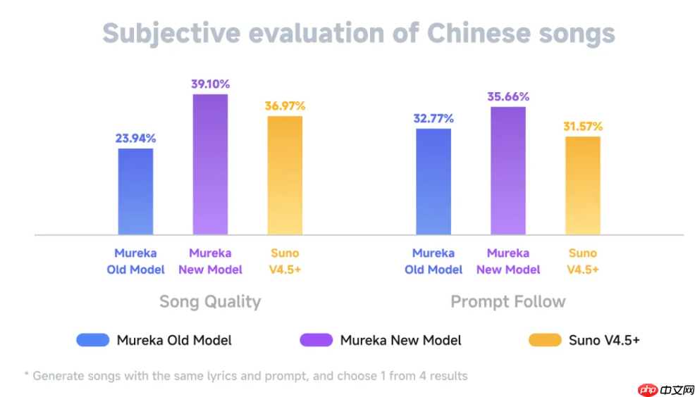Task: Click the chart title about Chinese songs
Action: [359, 33]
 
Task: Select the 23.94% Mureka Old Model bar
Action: [135, 191]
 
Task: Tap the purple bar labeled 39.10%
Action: [210, 164]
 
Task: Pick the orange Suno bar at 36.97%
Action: [285, 175]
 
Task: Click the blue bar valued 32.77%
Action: [433, 181]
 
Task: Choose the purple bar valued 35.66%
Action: [508, 170]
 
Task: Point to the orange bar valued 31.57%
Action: [583, 185]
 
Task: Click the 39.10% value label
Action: [210, 84]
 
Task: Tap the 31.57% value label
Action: [583, 127]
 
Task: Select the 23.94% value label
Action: [135, 139]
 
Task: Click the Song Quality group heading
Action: [210, 302]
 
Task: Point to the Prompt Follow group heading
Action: [508, 302]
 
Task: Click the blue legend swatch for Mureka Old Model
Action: [92, 340]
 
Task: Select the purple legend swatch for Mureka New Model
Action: [316, 340]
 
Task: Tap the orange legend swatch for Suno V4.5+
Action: [544, 340]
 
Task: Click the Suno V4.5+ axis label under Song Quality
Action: [285, 261]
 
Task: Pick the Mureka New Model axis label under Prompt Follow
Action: [508, 261]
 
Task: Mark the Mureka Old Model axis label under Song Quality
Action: [135, 261]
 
